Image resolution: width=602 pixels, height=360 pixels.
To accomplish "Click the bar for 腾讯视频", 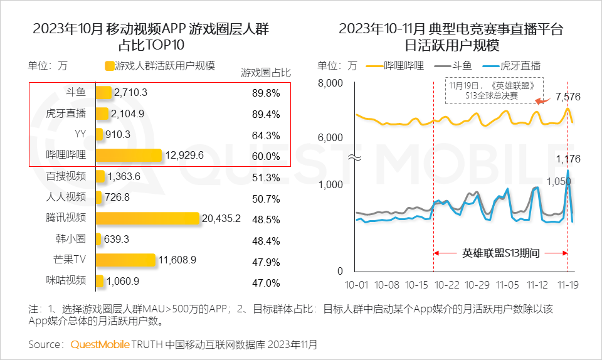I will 148,218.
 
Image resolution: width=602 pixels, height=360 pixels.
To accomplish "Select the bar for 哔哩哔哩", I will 129,155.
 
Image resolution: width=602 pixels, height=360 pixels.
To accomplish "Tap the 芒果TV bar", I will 125,260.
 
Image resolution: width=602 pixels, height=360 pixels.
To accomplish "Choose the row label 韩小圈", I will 70,239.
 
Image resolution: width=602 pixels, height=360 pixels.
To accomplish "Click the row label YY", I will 80,134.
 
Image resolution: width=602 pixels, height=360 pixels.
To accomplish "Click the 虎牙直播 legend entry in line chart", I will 521,66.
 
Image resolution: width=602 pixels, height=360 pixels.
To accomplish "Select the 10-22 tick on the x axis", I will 446,285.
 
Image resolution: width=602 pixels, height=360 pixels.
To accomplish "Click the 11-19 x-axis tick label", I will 568,285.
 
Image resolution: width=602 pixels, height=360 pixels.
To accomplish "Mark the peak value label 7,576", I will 568,97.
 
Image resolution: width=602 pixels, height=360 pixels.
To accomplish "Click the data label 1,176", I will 568,159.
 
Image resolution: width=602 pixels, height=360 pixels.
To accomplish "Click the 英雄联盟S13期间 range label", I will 501,253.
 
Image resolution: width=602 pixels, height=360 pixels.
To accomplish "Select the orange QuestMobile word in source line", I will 100,344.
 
